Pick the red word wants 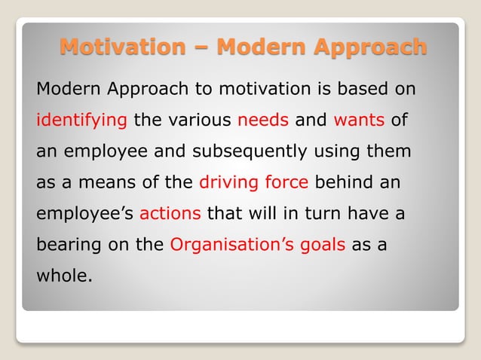(359, 120)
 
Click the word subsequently (250, 151)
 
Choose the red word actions (170, 213)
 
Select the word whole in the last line (63, 275)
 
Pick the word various (197, 120)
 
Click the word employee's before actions (84, 213)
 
